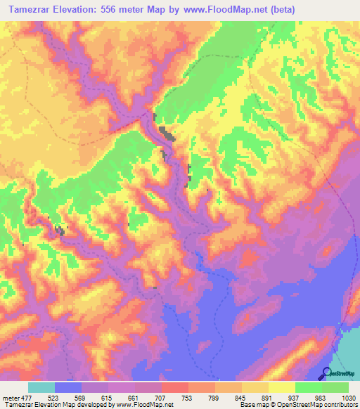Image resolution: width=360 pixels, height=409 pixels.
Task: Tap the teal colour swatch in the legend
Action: (41, 388)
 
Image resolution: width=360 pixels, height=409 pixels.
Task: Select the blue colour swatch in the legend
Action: (68, 388)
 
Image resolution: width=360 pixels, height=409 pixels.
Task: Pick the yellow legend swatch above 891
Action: (282, 388)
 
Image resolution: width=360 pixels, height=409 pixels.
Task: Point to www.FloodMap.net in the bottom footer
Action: (147, 405)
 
